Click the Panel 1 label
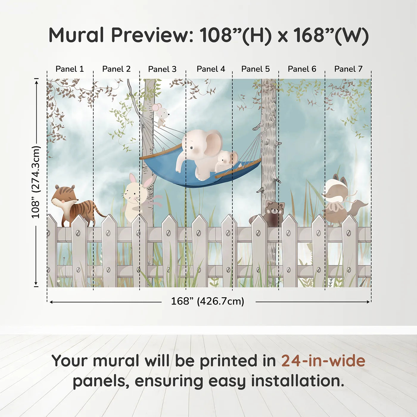click(x=69, y=69)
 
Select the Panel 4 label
click(x=211, y=69)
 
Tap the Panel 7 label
click(x=348, y=69)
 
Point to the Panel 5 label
click(x=255, y=69)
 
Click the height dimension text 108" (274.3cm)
click(x=36, y=182)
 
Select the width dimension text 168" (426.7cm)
click(x=207, y=301)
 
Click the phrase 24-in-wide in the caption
click(x=323, y=361)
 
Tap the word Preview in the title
click(x=152, y=35)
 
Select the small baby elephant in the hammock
click(x=226, y=161)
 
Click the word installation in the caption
click(x=297, y=381)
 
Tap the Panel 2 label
click(x=116, y=69)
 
